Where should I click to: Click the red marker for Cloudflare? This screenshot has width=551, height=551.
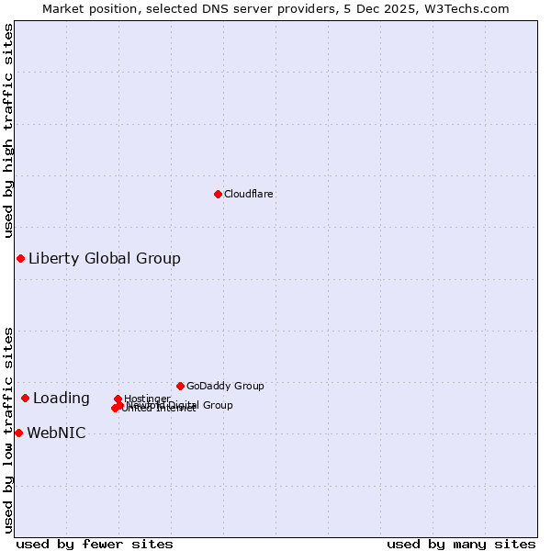[x=218, y=194]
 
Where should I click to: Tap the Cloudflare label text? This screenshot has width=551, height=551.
[x=249, y=195]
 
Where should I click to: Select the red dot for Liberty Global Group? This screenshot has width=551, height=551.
[x=20, y=258]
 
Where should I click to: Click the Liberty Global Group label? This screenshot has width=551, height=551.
[x=105, y=259]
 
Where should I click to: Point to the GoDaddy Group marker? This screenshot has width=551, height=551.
[x=180, y=386]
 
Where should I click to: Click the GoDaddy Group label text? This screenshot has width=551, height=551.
[x=225, y=387]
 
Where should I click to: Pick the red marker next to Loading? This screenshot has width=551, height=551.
[x=25, y=398]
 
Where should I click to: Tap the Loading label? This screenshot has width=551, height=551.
[x=62, y=399]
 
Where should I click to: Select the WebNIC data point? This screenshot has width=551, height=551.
[x=18, y=433]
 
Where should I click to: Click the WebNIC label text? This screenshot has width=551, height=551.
[x=57, y=433]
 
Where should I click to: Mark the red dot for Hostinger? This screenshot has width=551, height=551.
[x=118, y=399]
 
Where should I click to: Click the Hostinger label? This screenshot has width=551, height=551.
[x=147, y=399]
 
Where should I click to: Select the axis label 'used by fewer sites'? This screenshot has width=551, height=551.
[x=95, y=544]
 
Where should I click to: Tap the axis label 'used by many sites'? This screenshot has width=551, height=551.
[x=461, y=544]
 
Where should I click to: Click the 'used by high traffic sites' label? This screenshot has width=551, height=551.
[x=8, y=130]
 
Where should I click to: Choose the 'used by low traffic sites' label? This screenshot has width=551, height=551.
[x=8, y=430]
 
